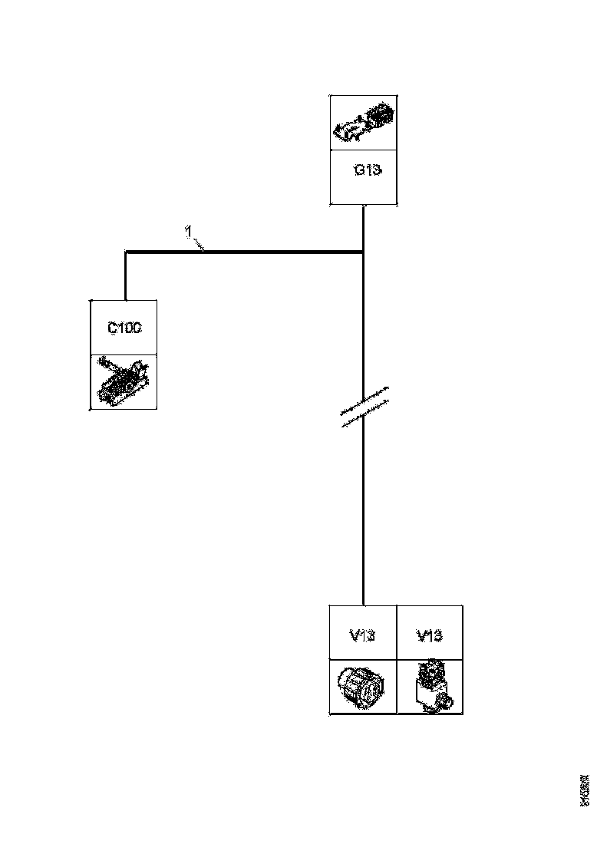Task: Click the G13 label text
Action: point(367,170)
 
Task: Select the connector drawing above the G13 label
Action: point(364,124)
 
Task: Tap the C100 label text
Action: point(124,328)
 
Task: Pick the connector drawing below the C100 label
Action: point(124,382)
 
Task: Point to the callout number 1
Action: point(187,230)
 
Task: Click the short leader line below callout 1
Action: point(198,243)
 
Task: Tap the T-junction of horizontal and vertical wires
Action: point(363,251)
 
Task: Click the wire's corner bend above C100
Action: point(124,251)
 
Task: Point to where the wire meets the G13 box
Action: point(363,206)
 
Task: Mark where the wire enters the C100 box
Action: point(124,300)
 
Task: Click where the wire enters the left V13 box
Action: point(363,605)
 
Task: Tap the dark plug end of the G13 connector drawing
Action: point(380,116)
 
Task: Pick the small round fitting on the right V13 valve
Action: point(444,698)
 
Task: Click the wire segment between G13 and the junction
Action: point(363,228)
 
